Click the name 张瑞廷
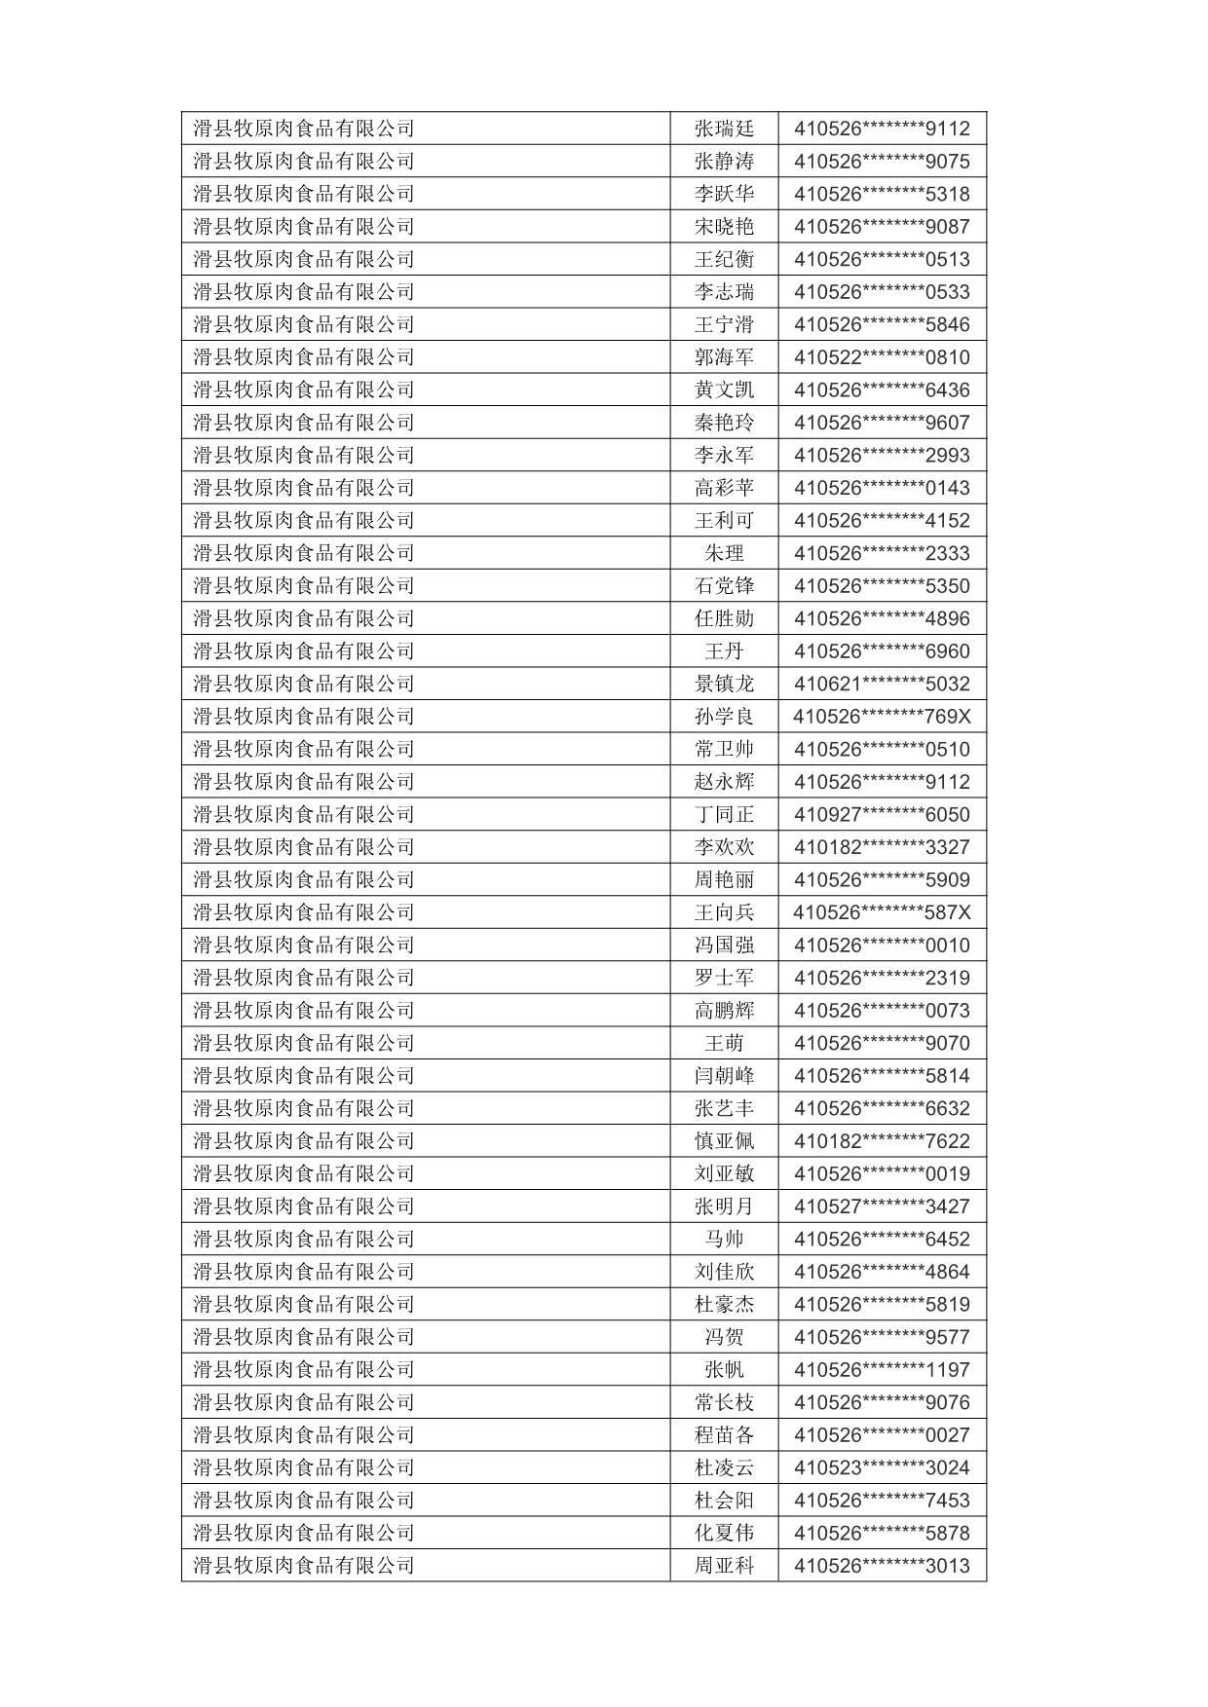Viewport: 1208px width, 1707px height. click(724, 129)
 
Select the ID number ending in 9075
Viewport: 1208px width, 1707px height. click(882, 162)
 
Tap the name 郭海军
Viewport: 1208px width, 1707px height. click(724, 357)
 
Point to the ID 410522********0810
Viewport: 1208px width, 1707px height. click(882, 357)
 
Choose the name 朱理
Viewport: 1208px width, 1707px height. click(724, 553)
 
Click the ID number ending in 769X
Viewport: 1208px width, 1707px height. click(882, 717)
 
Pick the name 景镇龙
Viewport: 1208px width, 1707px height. click(724, 684)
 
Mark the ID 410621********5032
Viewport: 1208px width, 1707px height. click(882, 684)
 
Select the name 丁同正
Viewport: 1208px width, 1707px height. click(724, 814)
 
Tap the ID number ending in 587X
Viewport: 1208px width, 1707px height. click(882, 912)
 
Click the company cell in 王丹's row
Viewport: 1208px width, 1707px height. click(304, 651)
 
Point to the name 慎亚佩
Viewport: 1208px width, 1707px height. click(724, 1141)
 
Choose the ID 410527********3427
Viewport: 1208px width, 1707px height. click(882, 1206)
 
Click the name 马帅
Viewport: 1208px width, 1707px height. click(724, 1240)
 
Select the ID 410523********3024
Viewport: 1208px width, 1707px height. click(882, 1467)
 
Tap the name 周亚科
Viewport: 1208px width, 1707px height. click(724, 1566)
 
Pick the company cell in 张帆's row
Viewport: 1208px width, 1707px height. click(304, 1370)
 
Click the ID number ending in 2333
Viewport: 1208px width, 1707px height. click(882, 553)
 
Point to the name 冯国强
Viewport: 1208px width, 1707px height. click(724, 946)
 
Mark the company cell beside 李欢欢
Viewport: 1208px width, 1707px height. click(304, 847)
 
